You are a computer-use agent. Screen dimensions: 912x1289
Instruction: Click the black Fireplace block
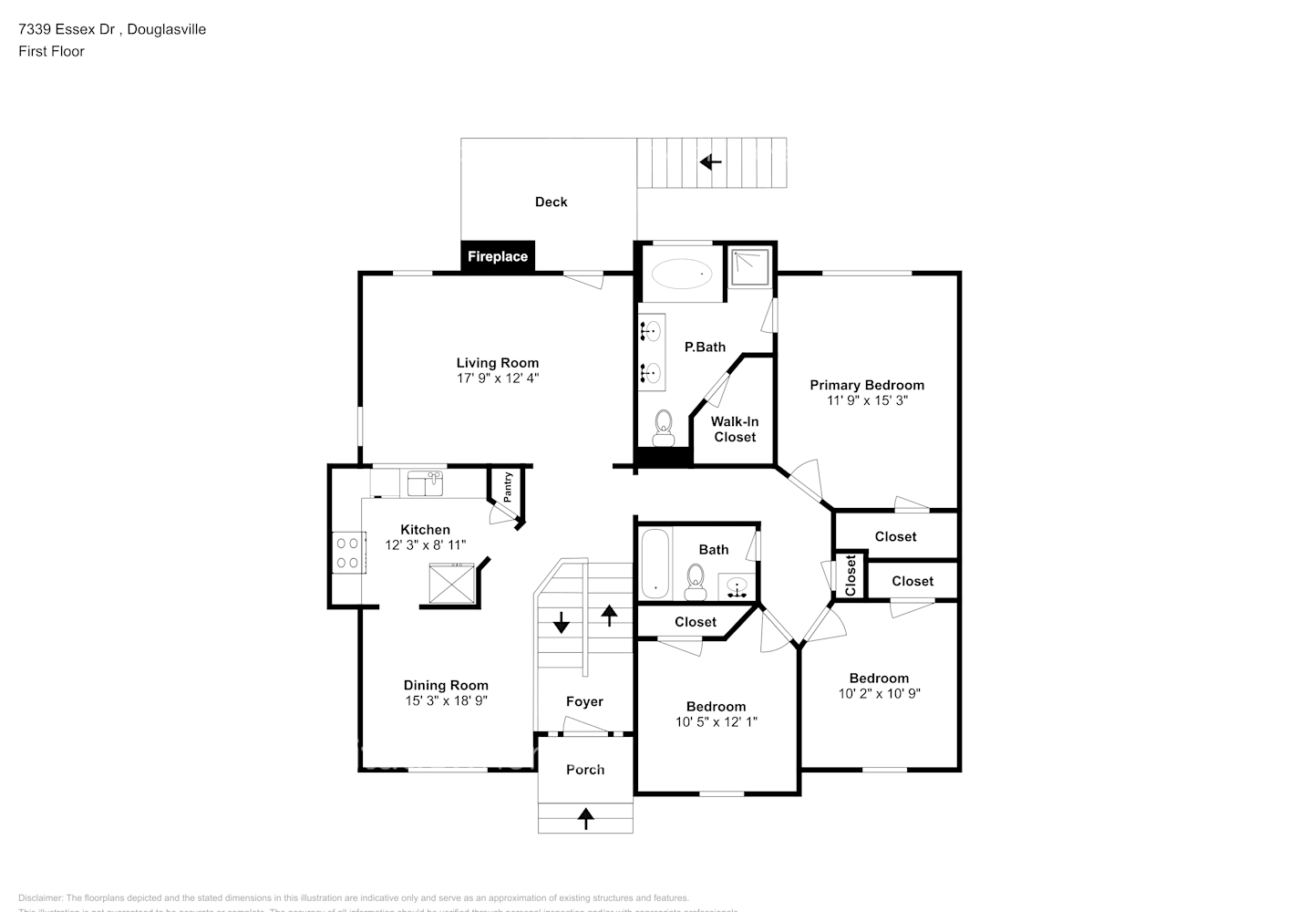tap(497, 256)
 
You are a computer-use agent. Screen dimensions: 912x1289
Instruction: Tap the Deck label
tap(551, 202)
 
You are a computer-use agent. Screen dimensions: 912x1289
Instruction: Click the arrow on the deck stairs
tap(710, 162)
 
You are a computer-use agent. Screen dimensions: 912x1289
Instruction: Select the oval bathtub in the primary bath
tap(681, 272)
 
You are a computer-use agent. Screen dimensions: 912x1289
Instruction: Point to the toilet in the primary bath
tap(663, 426)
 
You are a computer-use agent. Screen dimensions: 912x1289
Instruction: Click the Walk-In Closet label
tap(735, 429)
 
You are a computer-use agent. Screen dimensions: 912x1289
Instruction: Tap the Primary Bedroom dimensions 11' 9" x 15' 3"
tap(866, 400)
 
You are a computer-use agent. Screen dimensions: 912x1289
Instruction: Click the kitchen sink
tap(425, 483)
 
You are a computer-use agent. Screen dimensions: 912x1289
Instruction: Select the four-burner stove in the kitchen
tap(347, 553)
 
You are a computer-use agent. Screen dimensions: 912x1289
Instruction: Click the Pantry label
tap(508, 485)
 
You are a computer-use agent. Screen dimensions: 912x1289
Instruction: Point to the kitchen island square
tap(452, 583)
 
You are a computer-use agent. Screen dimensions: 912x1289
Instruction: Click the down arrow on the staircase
tap(561, 624)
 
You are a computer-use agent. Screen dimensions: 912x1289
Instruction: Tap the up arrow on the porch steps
tap(585, 818)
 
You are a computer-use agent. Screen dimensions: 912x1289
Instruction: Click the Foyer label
tap(584, 701)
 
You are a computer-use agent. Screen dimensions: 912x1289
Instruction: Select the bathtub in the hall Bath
tap(655, 563)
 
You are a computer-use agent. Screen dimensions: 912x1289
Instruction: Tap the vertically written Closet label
tap(851, 575)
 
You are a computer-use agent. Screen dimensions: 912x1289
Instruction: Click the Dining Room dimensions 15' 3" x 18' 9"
tap(446, 700)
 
